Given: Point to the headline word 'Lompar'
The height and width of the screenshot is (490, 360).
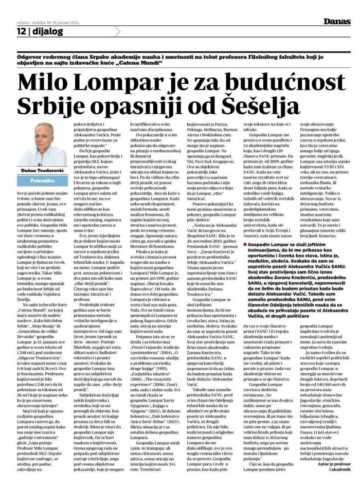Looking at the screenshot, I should [122, 83].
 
